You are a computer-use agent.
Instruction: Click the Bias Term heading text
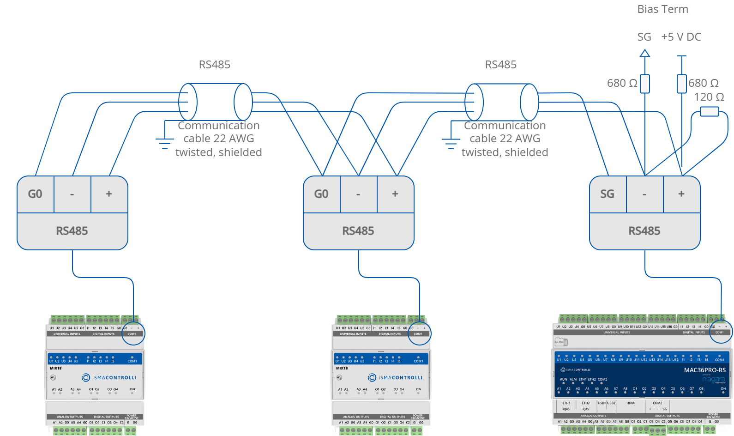(x=662, y=9)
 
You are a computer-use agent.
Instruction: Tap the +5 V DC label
(x=681, y=37)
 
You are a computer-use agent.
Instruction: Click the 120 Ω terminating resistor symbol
(x=709, y=111)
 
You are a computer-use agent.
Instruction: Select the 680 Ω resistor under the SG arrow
(x=645, y=84)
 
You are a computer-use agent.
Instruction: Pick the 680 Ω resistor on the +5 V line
(x=682, y=84)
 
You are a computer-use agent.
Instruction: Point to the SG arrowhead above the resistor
(x=645, y=54)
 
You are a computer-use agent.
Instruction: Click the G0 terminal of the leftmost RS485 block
(x=36, y=194)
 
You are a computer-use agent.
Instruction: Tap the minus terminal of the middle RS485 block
(x=358, y=194)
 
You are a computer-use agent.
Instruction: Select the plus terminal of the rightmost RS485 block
(x=681, y=194)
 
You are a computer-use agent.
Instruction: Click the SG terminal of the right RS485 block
(x=608, y=194)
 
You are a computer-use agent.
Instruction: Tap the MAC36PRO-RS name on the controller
(x=704, y=370)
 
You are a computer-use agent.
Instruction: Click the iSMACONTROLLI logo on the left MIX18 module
(x=109, y=377)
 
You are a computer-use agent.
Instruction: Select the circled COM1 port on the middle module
(x=419, y=333)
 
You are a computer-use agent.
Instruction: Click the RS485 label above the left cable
(x=215, y=65)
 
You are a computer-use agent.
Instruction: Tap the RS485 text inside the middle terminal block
(x=358, y=231)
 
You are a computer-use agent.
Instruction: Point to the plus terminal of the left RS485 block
(x=109, y=194)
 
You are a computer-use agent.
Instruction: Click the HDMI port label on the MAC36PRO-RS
(x=631, y=403)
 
